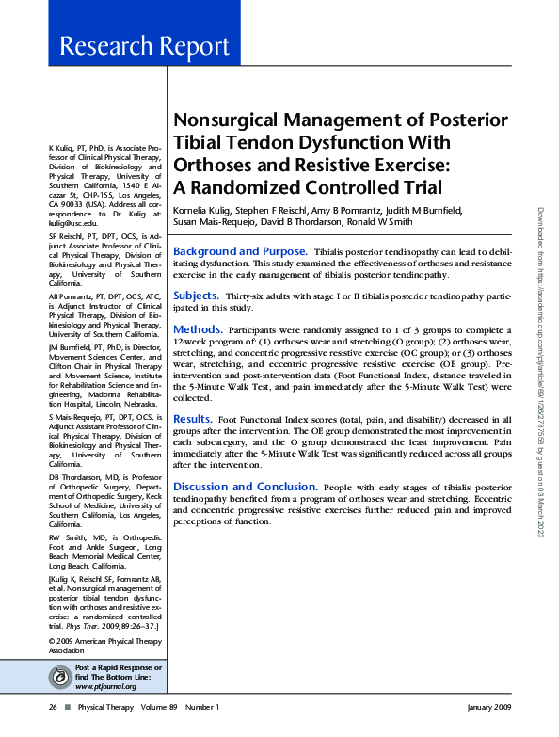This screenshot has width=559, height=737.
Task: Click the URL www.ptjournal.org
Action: pos(105,686)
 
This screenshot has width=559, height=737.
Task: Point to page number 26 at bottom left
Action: pos(53,707)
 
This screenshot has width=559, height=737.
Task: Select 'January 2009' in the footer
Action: pos(489,707)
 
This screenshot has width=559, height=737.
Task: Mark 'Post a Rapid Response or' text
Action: pos(118,667)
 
